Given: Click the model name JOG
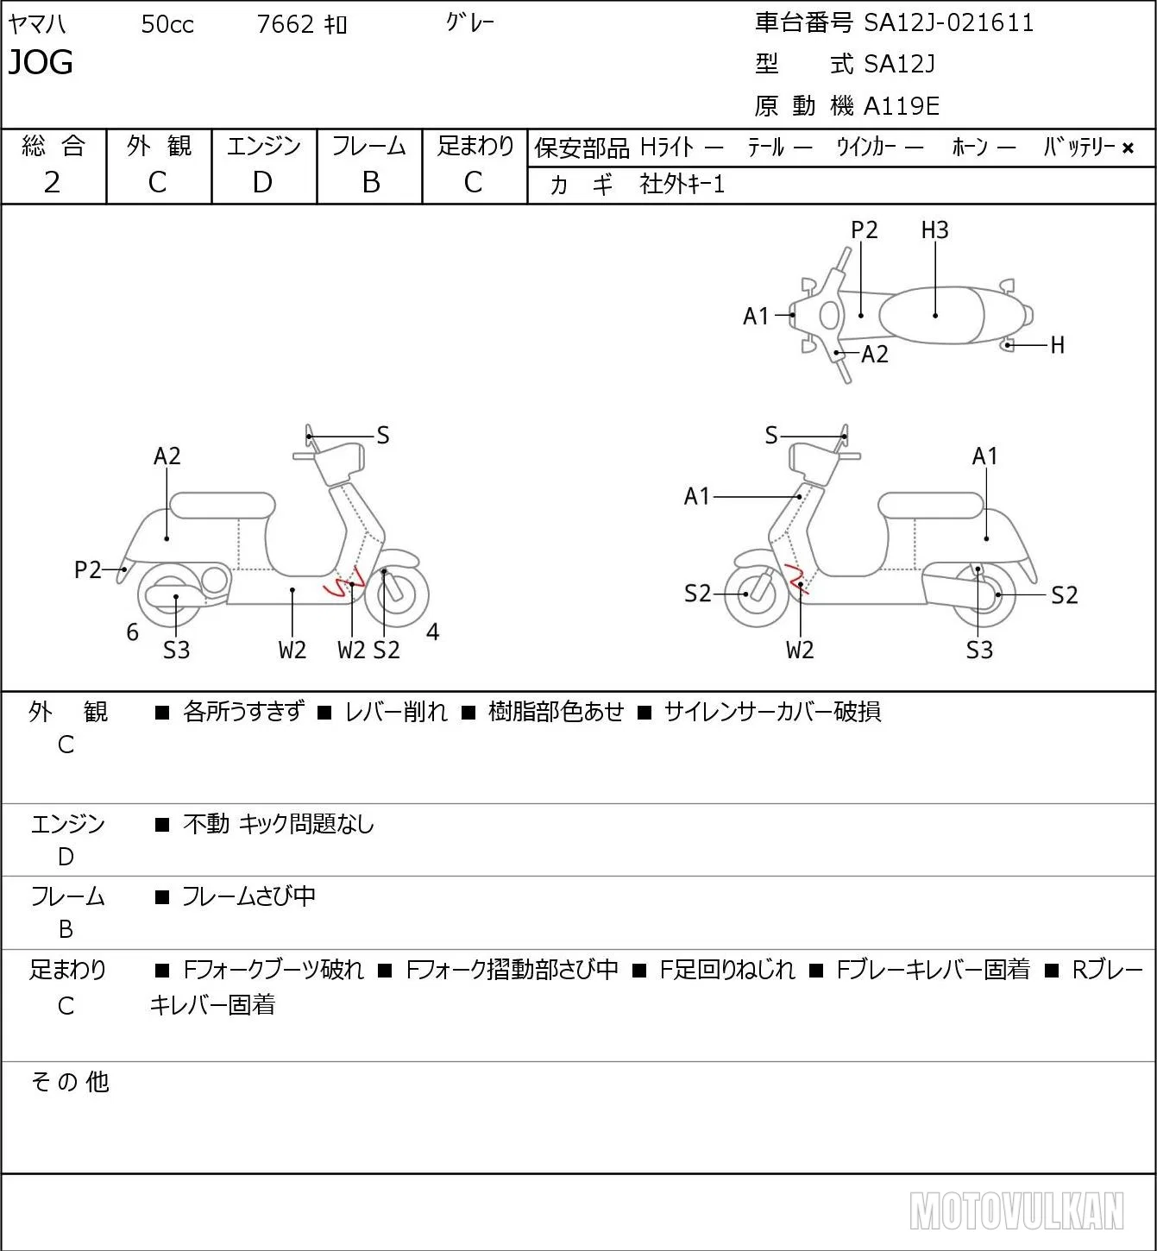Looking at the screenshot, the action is [x=41, y=62].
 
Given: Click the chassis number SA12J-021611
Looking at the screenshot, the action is [x=948, y=23].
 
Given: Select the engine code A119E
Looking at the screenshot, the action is [x=901, y=106].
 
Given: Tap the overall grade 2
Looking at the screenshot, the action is [x=53, y=183].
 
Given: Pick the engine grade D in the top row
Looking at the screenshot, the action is [x=263, y=183].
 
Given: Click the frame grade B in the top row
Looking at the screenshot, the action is [x=370, y=183].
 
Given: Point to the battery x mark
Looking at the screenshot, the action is [x=1128, y=148].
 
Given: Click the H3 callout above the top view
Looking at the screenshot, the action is [x=934, y=229].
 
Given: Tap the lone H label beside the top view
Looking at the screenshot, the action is [x=1057, y=345].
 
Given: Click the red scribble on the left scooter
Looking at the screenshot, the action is [x=344, y=582].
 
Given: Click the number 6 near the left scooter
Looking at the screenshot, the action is [x=132, y=632].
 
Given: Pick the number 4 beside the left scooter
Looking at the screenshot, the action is [x=432, y=632].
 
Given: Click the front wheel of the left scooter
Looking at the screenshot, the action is [x=397, y=595].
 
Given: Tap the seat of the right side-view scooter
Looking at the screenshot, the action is [x=930, y=506].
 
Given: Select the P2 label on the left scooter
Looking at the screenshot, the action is [x=88, y=570].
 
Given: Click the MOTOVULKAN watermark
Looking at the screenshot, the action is [x=1016, y=1210].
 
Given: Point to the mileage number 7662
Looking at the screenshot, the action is [x=285, y=24].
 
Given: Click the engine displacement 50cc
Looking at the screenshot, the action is [x=167, y=24].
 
